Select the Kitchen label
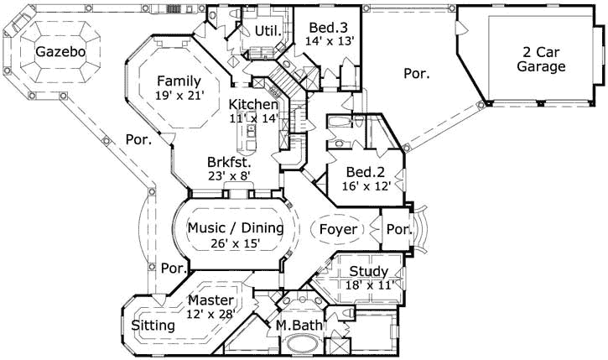254,104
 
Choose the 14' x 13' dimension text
330,39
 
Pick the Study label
368,271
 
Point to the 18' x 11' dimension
369,285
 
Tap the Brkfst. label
231,163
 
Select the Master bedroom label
210,300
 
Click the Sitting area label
153,325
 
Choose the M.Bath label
294,325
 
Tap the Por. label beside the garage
417,74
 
